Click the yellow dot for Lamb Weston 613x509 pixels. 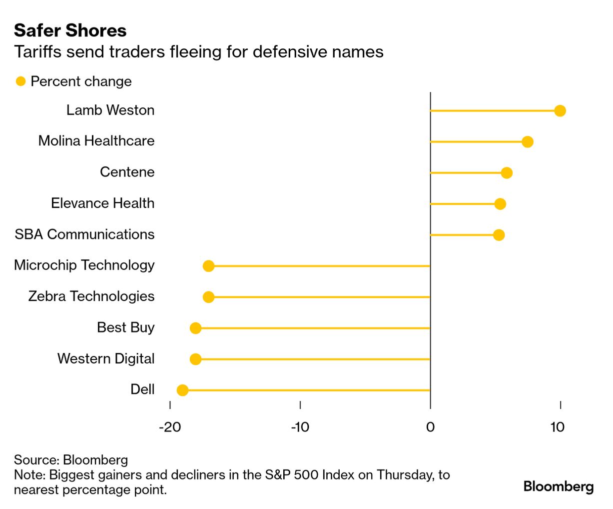click(x=560, y=110)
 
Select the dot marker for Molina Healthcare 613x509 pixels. click(x=527, y=142)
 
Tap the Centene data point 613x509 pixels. click(x=507, y=173)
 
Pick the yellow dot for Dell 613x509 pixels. click(x=183, y=390)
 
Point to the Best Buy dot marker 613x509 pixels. click(x=196, y=328)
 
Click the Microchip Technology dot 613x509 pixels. click(x=209, y=266)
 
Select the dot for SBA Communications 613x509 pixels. click(x=499, y=235)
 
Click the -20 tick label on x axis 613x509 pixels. click(x=170, y=427)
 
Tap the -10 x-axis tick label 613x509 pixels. click(x=300, y=427)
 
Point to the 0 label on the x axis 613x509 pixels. click(x=430, y=427)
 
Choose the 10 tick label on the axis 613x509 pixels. click(x=557, y=427)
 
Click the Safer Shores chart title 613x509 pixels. click(x=70, y=30)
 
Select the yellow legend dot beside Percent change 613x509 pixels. click(x=20, y=81)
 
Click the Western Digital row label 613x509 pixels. click(x=106, y=358)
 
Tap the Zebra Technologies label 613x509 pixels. click(x=91, y=296)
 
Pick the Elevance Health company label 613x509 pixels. click(x=102, y=203)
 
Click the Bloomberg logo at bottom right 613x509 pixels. click(x=558, y=486)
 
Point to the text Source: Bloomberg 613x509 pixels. click(x=71, y=459)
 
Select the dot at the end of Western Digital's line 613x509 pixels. click(x=196, y=359)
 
